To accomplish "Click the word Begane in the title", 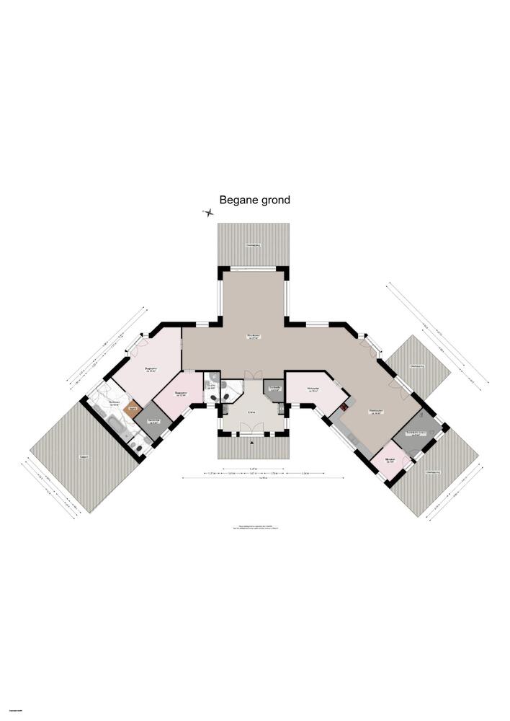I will [x=237, y=200].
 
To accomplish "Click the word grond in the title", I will [x=274, y=200].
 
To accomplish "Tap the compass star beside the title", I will [x=208, y=213].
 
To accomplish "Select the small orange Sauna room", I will [x=132, y=410].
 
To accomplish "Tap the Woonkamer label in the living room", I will [x=254, y=337].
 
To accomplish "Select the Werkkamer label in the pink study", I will [x=313, y=389].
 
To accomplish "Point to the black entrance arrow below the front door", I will [x=253, y=446].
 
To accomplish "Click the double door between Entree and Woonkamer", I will [x=253, y=375].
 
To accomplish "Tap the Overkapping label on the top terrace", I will [x=254, y=246].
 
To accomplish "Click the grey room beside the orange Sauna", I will [x=153, y=422].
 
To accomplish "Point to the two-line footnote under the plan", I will [x=258, y=527].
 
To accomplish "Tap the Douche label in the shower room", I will [x=211, y=386].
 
